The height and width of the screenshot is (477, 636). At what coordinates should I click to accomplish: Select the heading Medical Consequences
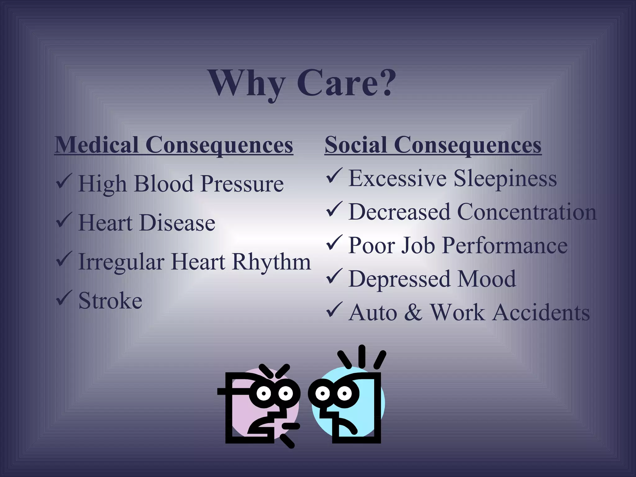[x=174, y=145]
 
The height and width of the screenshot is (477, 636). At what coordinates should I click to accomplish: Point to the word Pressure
[x=242, y=184]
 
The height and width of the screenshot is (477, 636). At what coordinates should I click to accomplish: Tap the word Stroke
[x=110, y=301]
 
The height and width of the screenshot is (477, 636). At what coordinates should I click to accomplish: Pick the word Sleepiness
[x=505, y=179]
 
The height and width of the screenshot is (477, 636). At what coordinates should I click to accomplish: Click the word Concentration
[x=527, y=212]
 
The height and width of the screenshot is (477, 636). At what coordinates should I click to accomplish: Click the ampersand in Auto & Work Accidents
[x=413, y=312]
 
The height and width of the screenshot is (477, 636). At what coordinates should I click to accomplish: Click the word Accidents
[x=541, y=312]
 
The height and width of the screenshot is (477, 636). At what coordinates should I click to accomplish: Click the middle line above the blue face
[x=361, y=356]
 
